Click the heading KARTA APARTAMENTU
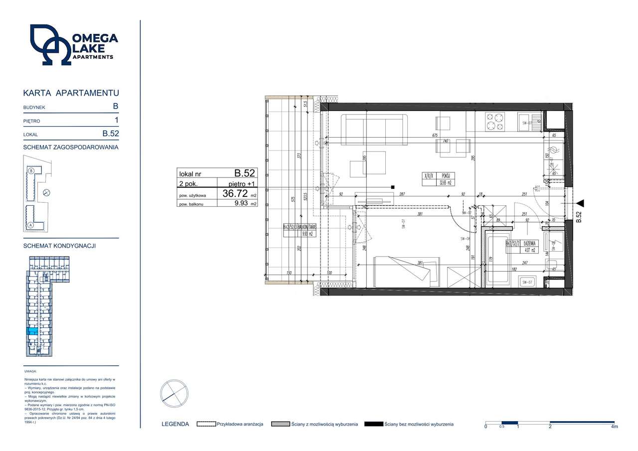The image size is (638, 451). (71, 93)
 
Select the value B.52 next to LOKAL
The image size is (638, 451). (110, 134)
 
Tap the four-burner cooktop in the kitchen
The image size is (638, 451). (495, 121)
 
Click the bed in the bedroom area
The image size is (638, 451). (407, 271)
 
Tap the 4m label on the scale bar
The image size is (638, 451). (614, 427)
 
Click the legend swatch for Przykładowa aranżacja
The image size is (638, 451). (206, 424)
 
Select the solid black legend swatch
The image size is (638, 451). (373, 424)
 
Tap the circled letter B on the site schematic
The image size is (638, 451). (31, 171)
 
